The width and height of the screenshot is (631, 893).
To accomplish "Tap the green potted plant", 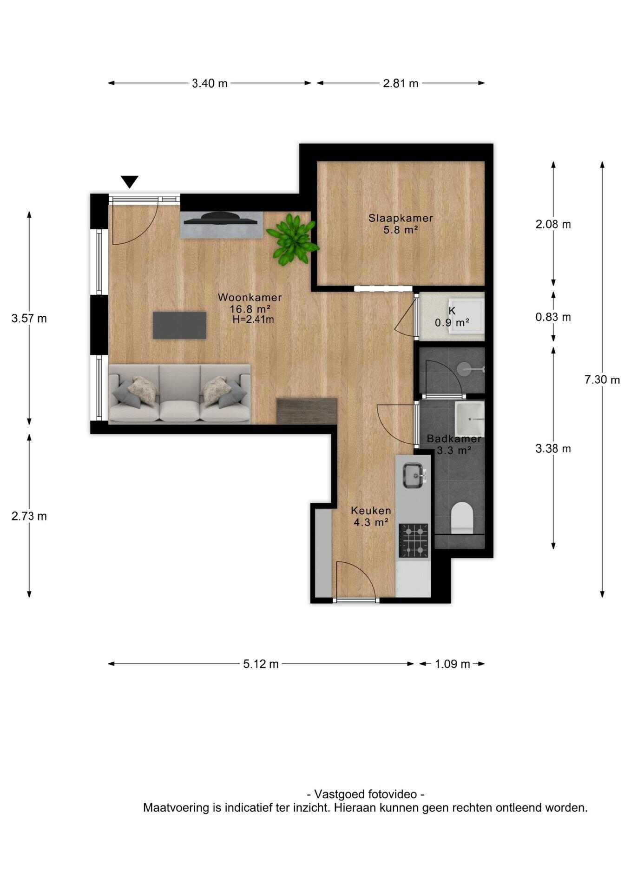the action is (293, 239).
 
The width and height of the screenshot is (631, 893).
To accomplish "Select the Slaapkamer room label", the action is (401, 218).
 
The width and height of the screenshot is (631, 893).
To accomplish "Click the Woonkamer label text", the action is (250, 297).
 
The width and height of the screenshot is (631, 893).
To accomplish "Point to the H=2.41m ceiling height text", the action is (253, 320).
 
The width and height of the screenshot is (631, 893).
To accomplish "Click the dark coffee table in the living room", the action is (179, 325).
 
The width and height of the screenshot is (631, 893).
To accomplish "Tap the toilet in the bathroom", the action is (462, 517).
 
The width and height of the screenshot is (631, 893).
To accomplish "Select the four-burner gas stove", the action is (414, 540).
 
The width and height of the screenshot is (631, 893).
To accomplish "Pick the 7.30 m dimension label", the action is (602, 380).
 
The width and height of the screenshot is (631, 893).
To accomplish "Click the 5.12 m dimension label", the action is (261, 664).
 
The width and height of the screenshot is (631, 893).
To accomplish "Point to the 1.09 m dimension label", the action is (453, 664).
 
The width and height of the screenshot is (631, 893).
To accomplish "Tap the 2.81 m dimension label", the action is (401, 83).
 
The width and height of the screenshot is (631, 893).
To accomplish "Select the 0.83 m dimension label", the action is (553, 317).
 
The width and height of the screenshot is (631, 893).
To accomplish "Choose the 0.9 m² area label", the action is (452, 322).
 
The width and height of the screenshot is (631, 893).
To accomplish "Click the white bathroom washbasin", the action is (469, 418).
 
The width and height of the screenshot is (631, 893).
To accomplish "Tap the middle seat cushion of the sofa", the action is (179, 411).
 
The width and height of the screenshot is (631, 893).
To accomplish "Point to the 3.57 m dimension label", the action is (29, 319).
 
